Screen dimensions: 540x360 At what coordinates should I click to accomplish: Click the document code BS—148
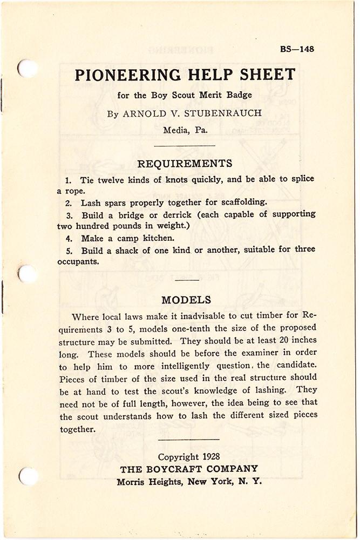297,49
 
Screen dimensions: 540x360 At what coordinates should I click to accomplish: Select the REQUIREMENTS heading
185,163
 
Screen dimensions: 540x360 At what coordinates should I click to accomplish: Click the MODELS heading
186,300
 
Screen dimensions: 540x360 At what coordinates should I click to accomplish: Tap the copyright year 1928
207,457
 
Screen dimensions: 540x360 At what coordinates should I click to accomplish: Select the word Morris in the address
132,482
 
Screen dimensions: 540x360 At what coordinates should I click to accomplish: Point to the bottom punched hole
28,476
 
